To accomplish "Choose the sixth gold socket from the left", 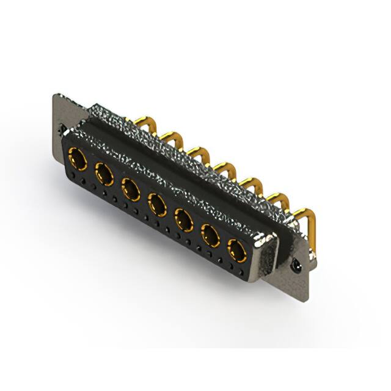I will (x=210, y=234).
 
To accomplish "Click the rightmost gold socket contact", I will (x=237, y=250).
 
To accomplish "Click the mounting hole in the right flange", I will (x=297, y=266).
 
